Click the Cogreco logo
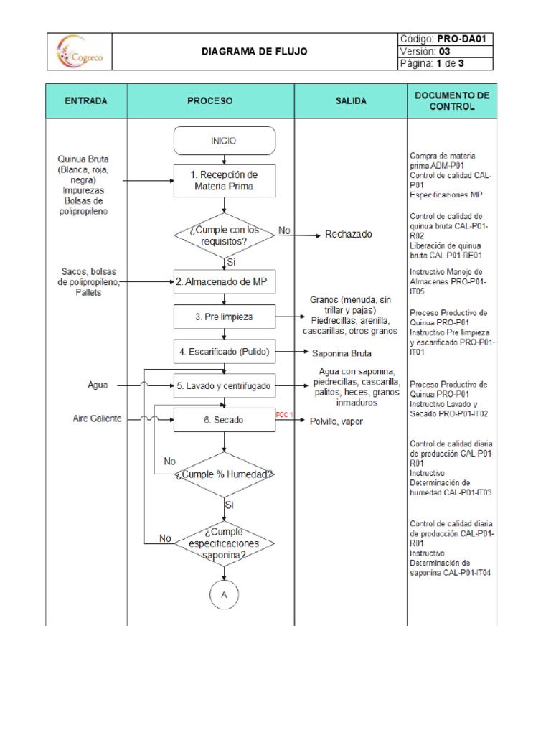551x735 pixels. (80, 52)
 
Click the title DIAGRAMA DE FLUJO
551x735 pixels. (254, 52)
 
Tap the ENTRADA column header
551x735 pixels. (86, 101)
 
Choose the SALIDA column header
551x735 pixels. (351, 101)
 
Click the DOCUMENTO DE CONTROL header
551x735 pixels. (451, 101)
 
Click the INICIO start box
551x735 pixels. (224, 141)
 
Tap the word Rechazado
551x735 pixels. (349, 235)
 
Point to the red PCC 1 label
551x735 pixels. (285, 415)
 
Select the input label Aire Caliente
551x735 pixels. (97, 418)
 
